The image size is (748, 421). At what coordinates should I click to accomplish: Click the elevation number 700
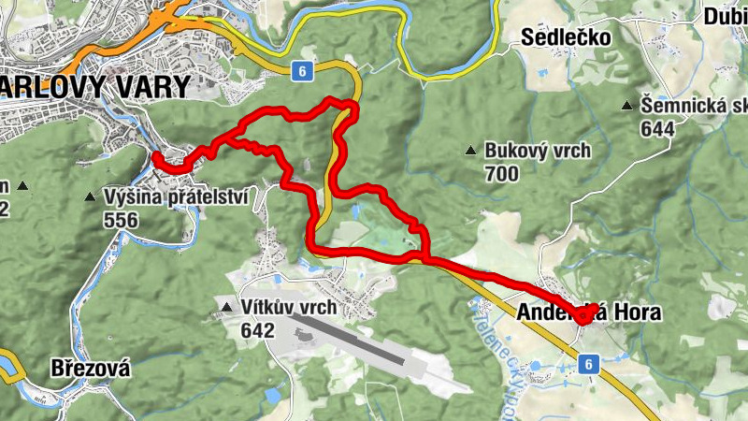point(502,174)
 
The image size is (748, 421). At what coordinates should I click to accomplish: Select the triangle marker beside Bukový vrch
point(471,151)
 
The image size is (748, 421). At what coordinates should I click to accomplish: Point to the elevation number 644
point(658,128)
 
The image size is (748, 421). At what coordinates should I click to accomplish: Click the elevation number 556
point(122,221)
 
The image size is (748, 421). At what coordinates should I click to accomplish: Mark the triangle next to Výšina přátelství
point(90,197)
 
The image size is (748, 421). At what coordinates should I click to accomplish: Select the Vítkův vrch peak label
point(288,308)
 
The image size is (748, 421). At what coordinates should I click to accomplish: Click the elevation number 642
point(257,330)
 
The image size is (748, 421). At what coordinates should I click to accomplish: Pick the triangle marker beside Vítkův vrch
point(226,308)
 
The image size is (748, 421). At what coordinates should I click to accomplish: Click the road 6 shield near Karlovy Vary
point(298,70)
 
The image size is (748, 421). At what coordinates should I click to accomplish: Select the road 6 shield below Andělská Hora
point(587,365)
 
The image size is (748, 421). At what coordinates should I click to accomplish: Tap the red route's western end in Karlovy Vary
point(154,155)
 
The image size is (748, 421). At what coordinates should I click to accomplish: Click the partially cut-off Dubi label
point(726,15)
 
